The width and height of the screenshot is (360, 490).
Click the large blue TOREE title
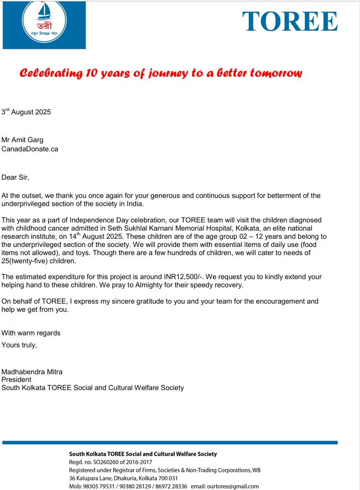[x=290, y=22]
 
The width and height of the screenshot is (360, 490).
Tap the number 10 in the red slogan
[x=91, y=73]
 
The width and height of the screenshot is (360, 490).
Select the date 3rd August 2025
[x=26, y=112]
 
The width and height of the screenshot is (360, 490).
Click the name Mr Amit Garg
[x=23, y=140]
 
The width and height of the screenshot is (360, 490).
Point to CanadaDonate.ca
[x=30, y=149]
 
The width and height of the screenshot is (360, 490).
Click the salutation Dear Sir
[x=15, y=177]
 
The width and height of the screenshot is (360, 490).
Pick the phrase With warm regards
[x=31, y=333]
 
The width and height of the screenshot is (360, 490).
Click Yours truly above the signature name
[x=19, y=344]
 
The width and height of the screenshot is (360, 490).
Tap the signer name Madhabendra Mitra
[x=32, y=372]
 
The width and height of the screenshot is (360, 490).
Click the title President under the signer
[x=16, y=380]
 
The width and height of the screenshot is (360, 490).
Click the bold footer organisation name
[x=143, y=454]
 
